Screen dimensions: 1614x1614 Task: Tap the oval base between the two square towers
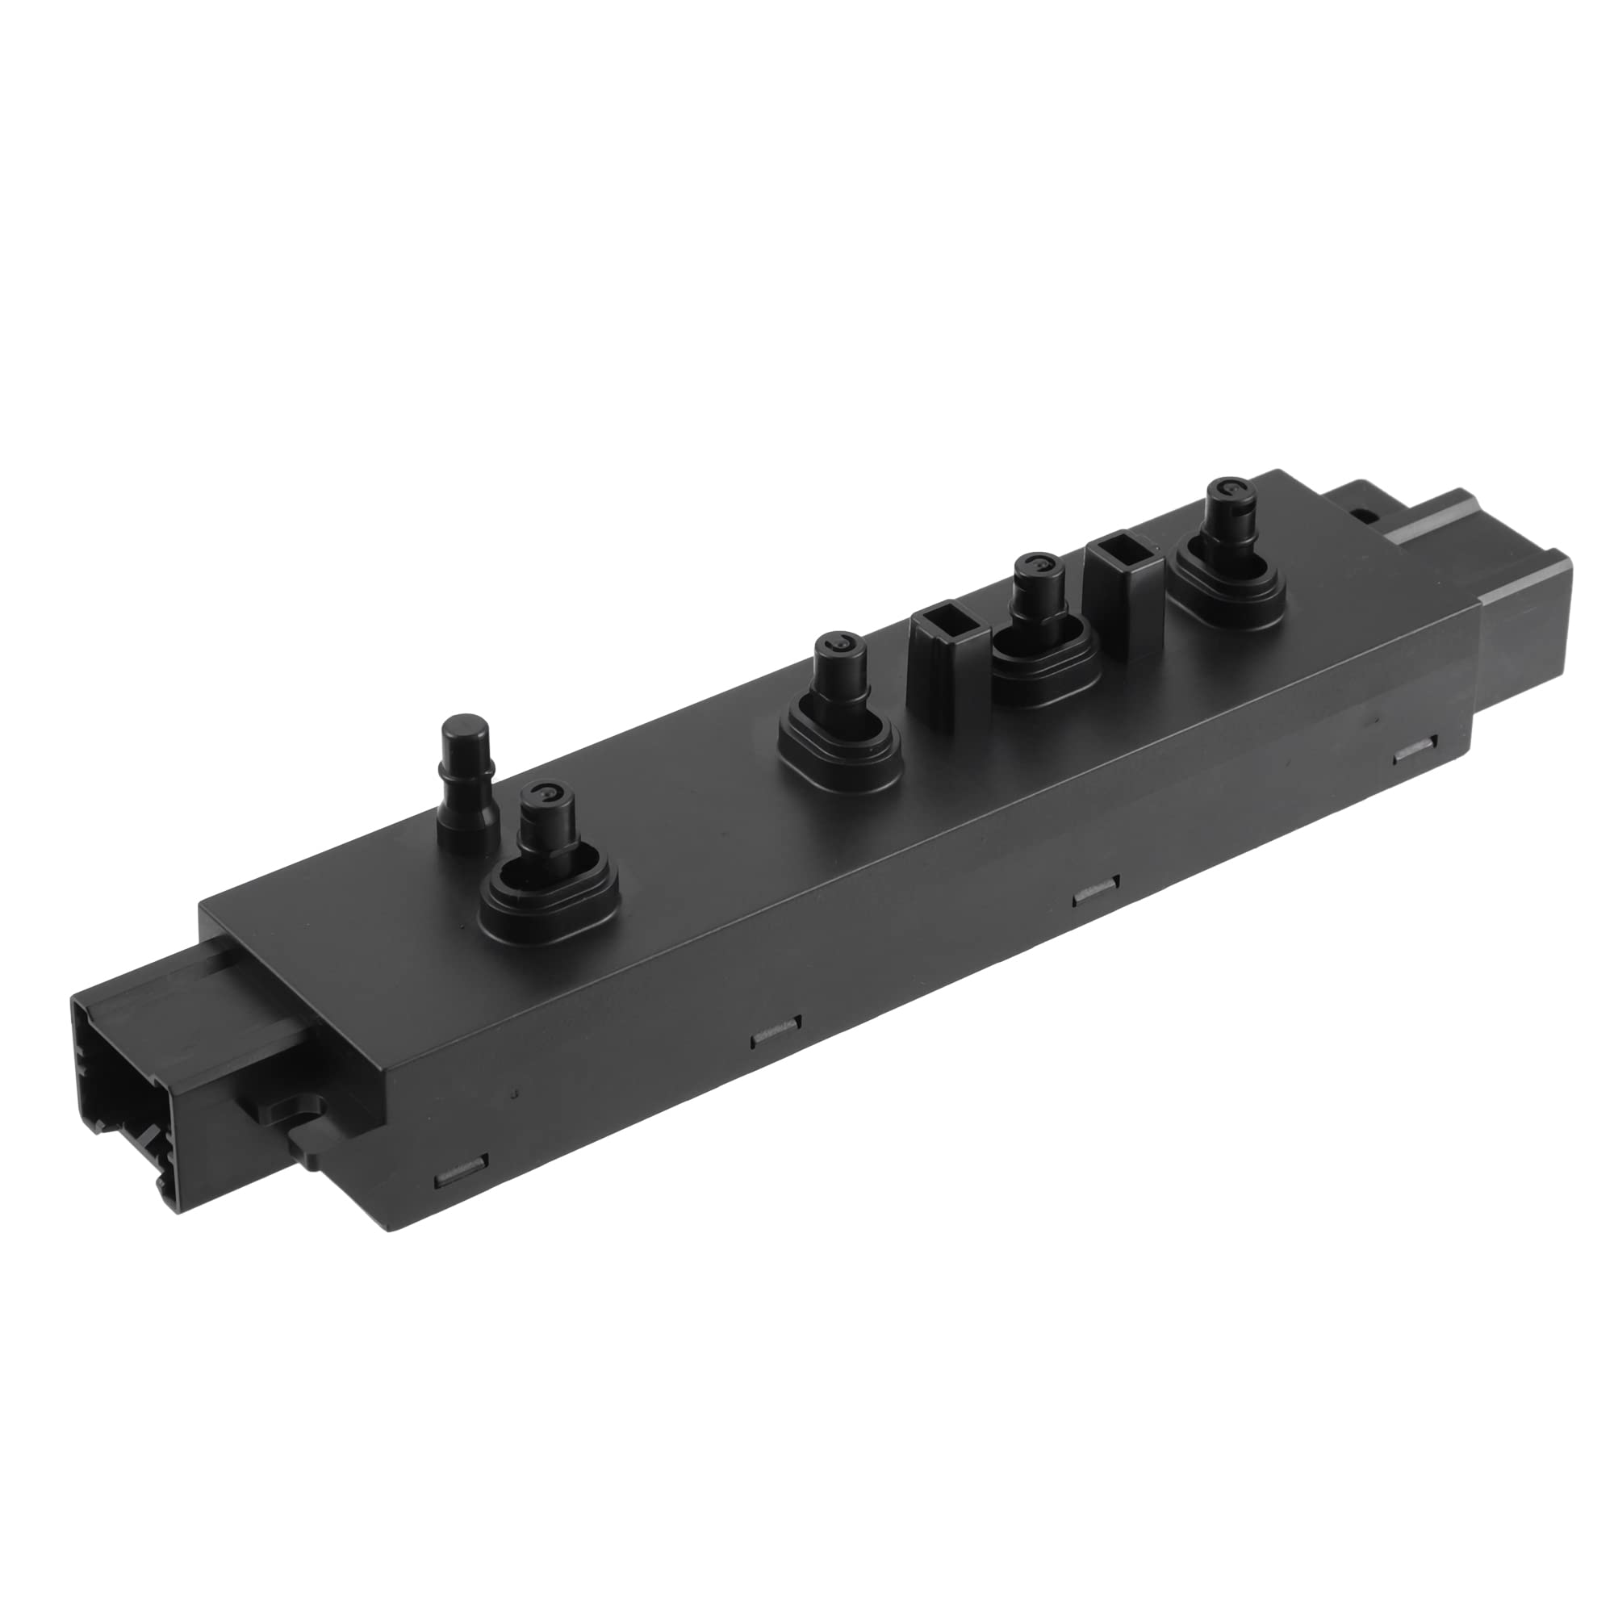(1044, 660)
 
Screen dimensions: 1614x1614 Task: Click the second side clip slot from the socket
(776, 1037)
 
